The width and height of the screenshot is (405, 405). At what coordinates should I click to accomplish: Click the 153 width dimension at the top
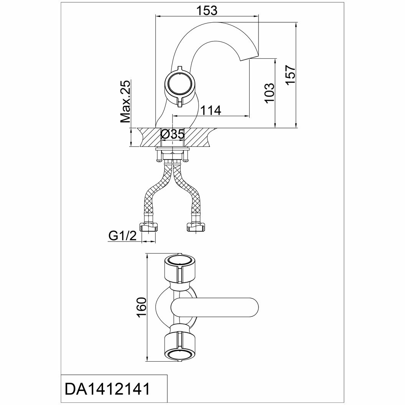[x=207, y=11]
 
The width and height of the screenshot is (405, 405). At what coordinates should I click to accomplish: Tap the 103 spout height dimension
[x=270, y=92]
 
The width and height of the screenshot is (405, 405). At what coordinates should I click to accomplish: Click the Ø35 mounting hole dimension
[x=173, y=135]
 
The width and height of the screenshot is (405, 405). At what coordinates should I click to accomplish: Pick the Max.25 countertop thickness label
[x=125, y=102]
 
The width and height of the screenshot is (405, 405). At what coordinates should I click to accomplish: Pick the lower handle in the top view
[x=179, y=345]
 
